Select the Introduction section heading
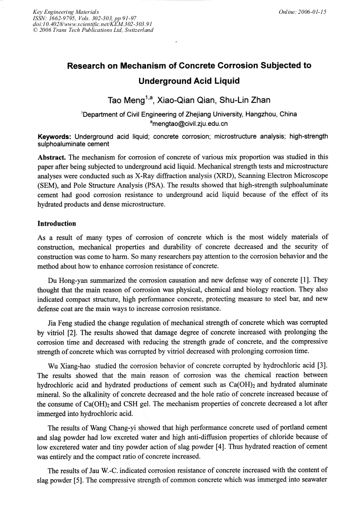coord(57,223)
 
